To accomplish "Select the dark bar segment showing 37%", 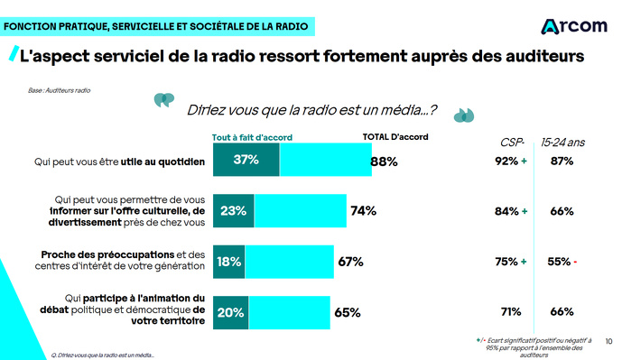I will pyautogui.click(x=246, y=161).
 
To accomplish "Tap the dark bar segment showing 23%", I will pyautogui.click(x=233, y=211).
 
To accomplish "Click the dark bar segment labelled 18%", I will pyautogui.click(x=228, y=262).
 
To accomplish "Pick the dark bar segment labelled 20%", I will pyautogui.click(x=230, y=312).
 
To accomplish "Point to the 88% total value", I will pyautogui.click(x=385, y=162).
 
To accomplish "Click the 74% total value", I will pyautogui.click(x=363, y=211).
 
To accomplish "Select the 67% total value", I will pyautogui.click(x=349, y=262).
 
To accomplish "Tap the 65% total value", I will pyautogui.click(x=347, y=312).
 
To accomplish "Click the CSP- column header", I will pyautogui.click(x=512, y=142).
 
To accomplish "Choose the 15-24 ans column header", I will pyautogui.click(x=562, y=142).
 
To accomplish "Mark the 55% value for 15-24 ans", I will pyautogui.click(x=559, y=262).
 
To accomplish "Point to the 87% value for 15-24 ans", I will pyautogui.click(x=562, y=161).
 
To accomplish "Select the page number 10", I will pyautogui.click(x=608, y=341).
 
